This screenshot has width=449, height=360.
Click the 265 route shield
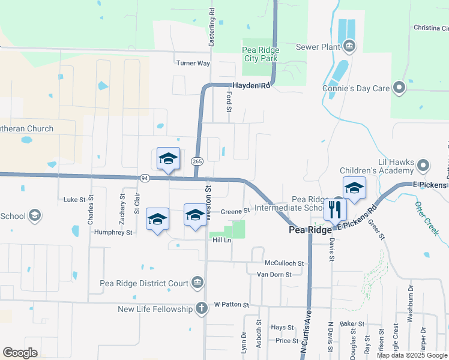pos(197,161)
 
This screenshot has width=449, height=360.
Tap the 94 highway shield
pos(145,178)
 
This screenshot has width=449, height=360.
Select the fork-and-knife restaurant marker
pos(335,210)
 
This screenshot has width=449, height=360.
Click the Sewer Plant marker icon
pos(349,46)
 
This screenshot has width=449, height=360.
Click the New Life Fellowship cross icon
pos(202,308)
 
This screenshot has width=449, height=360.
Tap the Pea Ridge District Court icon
pos(197,282)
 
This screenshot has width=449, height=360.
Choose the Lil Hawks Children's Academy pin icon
pos(424,164)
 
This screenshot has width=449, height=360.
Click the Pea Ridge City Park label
pos(260,54)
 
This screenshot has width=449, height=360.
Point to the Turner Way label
pos(193,63)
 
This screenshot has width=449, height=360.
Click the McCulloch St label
pos(285,263)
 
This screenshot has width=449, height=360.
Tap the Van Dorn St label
pos(274,274)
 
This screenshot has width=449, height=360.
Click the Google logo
pos(20,353)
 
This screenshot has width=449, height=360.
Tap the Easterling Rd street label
pos(211,28)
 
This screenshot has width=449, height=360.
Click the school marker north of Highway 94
pos(168,159)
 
